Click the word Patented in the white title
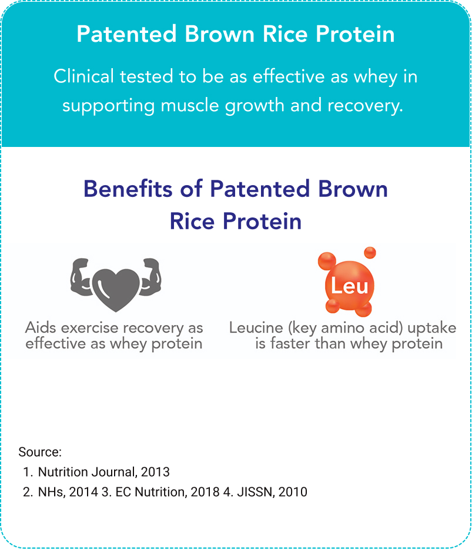[x=126, y=34]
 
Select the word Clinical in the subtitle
[x=83, y=76]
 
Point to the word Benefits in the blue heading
[x=128, y=189]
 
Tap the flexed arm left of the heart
[x=81, y=277]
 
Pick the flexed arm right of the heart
[x=150, y=277]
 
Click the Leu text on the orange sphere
[x=350, y=286]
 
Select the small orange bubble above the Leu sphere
[x=370, y=252]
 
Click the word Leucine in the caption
[x=256, y=328]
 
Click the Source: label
[x=40, y=452]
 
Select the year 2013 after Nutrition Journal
[x=155, y=472]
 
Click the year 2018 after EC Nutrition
[x=205, y=492]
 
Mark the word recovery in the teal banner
[x=365, y=106]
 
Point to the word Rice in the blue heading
[x=192, y=221]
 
